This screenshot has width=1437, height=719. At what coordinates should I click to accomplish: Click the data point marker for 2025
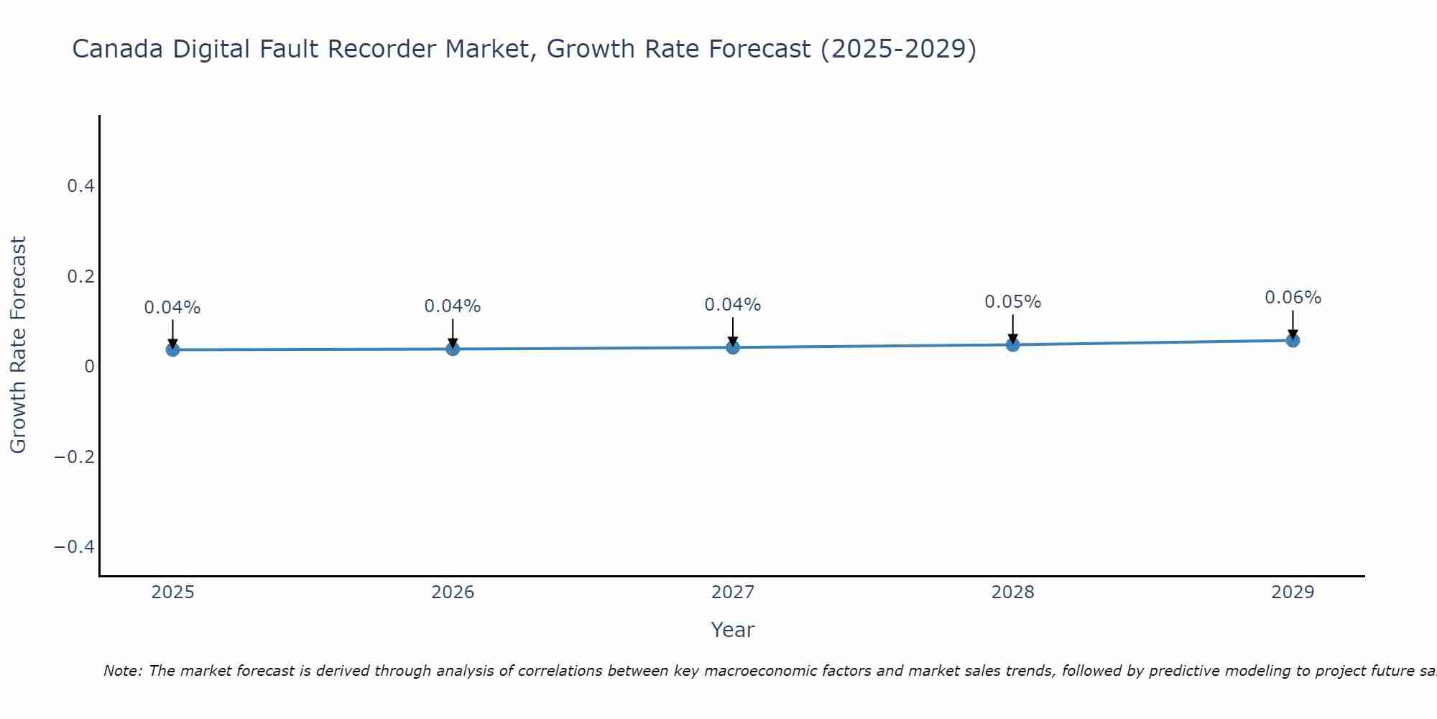172,349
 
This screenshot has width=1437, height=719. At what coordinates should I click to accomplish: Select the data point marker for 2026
453,349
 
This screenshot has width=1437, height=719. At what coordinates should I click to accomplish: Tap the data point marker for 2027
733,347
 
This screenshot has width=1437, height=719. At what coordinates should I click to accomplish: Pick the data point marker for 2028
1012,344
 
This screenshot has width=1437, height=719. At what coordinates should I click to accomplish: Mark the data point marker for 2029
1293,340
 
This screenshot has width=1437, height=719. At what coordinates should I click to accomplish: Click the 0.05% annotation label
1012,302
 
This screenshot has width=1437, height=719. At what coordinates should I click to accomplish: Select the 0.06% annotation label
1293,298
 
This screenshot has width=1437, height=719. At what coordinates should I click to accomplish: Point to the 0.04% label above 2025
172,308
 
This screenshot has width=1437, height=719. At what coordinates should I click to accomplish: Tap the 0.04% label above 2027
733,305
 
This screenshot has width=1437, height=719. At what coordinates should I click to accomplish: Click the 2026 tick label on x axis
453,592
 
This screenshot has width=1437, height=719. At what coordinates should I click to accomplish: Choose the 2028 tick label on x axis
1012,592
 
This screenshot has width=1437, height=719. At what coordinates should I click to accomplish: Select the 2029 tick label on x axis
1293,592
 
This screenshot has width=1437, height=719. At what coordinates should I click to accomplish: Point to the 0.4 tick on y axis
80,186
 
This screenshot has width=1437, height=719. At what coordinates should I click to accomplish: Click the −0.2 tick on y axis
75,457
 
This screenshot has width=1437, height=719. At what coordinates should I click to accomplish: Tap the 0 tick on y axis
89,367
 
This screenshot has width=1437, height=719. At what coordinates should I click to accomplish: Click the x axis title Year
732,631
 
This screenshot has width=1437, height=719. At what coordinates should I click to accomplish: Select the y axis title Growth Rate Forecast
18,345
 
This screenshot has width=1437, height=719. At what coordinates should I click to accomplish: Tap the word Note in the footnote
122,672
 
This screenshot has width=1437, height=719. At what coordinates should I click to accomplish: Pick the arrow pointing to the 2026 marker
453,332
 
